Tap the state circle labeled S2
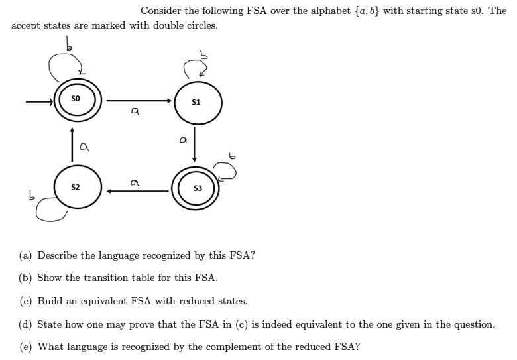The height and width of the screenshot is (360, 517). point(77,189)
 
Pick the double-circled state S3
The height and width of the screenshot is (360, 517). point(198,190)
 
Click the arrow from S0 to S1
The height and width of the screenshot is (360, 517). point(139,101)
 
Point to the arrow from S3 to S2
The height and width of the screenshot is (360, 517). point(138,191)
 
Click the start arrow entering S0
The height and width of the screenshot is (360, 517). point(39,103)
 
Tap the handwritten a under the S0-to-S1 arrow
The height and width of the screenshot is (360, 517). point(135,114)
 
